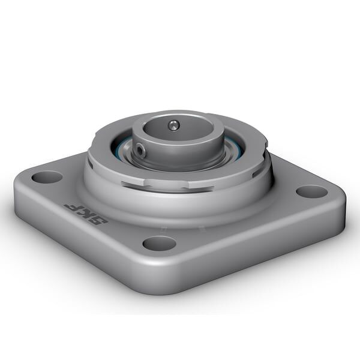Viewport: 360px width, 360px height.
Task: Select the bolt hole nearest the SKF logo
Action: (x=47, y=177)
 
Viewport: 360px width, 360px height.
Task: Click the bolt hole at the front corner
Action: (x=160, y=243)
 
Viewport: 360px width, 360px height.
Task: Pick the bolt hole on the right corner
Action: (x=312, y=191)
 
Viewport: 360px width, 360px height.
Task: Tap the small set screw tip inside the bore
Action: (x=173, y=125)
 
